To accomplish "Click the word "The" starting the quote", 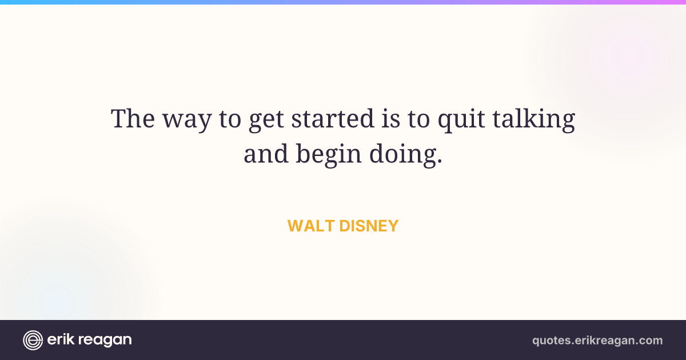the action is [133, 118].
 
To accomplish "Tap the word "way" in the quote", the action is [187, 122].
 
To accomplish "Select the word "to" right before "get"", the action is [230, 119].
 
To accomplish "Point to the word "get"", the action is [266, 122].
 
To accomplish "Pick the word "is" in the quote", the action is [391, 118].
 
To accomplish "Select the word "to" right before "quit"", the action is [418, 119].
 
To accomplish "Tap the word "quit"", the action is [461, 121].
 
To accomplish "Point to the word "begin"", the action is [329, 155].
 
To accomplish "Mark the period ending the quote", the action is [440, 161].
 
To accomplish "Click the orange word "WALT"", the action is [311, 226].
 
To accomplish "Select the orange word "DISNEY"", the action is [369, 226].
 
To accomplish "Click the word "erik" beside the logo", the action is [61, 339].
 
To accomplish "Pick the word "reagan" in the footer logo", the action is [105, 341].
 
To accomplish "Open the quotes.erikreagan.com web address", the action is [597, 341].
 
